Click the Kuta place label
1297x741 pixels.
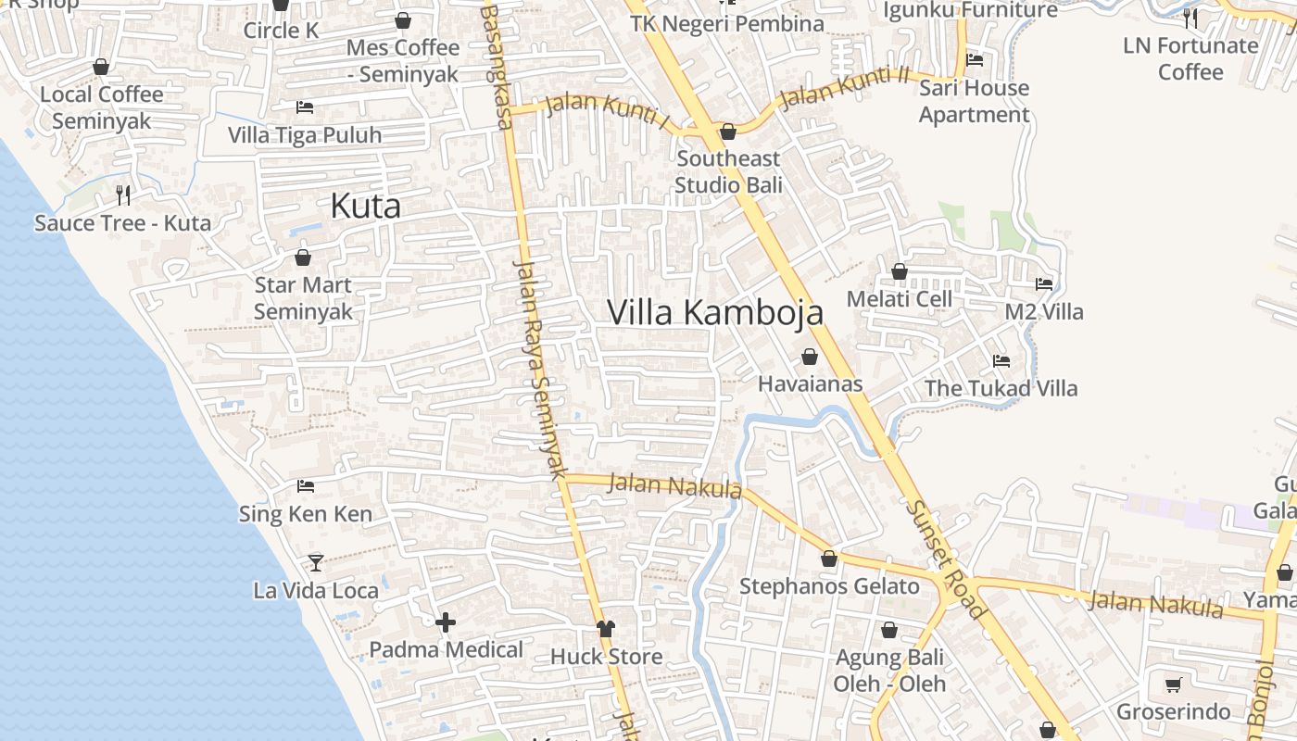pos(366,206)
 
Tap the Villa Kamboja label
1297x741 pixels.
pos(715,312)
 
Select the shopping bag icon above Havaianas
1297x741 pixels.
pos(810,357)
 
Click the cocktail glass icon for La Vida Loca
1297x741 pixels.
pos(316,562)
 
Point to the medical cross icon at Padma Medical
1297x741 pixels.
pos(446,622)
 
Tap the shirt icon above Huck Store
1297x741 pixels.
pos(606,629)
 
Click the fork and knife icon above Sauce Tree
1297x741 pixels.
pos(122,195)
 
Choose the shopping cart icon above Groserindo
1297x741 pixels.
pos(1173,685)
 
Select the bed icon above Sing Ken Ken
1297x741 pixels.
pos(306,486)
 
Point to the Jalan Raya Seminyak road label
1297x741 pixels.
pos(540,369)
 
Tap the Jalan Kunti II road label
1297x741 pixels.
pos(843,88)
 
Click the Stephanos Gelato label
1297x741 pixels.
pos(829,586)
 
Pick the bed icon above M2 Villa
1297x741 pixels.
pos(1044,284)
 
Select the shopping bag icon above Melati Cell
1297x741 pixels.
pos(899,271)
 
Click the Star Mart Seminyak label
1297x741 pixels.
pos(303,297)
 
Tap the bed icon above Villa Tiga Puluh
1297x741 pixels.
pos(304,107)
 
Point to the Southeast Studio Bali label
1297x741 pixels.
pos(728,171)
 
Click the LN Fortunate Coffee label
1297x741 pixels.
pos(1190,58)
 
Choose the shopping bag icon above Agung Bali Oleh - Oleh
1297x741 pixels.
pos(889,630)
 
